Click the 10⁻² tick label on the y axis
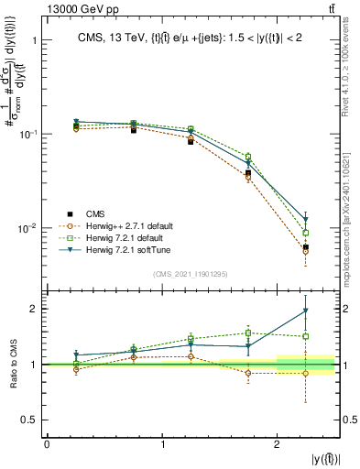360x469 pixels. click(27, 228)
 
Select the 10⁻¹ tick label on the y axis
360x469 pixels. click(27, 134)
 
